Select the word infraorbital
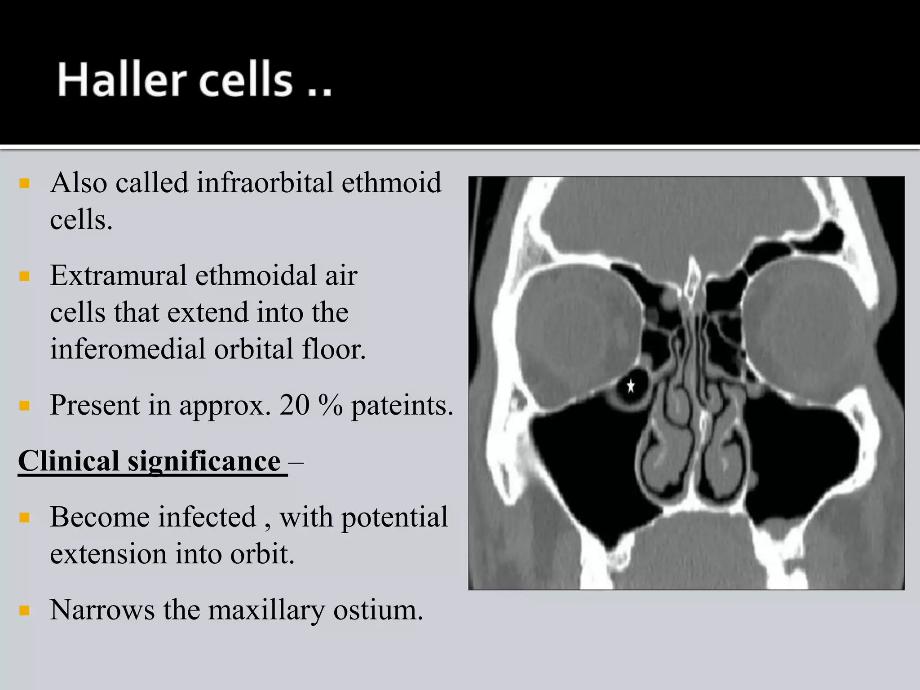point(265,183)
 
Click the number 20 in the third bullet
point(294,405)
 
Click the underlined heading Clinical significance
point(150,462)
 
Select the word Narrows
point(102,610)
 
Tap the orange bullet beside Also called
point(25,183)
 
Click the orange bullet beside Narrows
point(25,610)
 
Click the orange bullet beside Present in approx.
point(25,406)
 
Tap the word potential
point(394,517)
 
